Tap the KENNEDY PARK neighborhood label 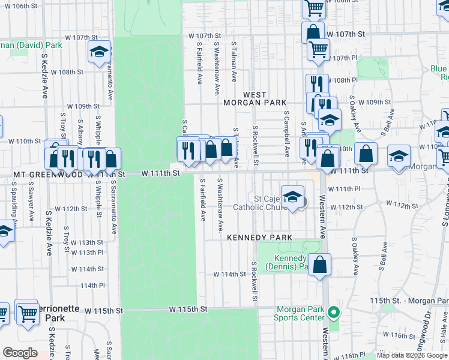point(259,238)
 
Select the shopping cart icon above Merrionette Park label point(26,313)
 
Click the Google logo point(20,352)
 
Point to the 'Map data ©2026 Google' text point(412,355)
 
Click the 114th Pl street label point(92,285)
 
